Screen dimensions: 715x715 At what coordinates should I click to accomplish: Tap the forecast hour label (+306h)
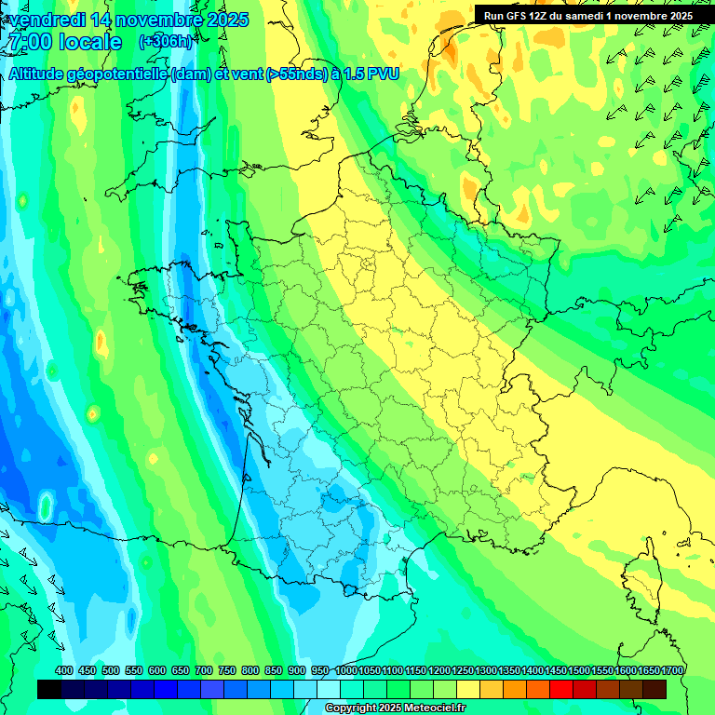tap(165, 42)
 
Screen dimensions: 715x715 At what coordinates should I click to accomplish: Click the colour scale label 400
tap(64, 671)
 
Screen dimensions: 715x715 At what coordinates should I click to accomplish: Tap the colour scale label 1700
tap(672, 671)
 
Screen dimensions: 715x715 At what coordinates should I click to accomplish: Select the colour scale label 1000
tap(346, 671)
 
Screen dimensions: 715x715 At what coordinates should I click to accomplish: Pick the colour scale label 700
tap(204, 671)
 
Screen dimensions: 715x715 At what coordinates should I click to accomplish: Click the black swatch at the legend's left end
tap(49, 689)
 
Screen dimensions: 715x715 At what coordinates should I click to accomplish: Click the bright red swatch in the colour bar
tap(560, 689)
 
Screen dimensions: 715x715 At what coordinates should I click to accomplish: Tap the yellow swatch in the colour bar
tap(468, 689)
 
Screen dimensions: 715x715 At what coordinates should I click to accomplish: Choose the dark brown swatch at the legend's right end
tap(654, 689)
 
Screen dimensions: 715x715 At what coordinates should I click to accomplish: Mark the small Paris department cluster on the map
tap(370, 262)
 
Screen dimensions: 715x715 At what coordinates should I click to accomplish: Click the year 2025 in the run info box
tap(677, 16)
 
